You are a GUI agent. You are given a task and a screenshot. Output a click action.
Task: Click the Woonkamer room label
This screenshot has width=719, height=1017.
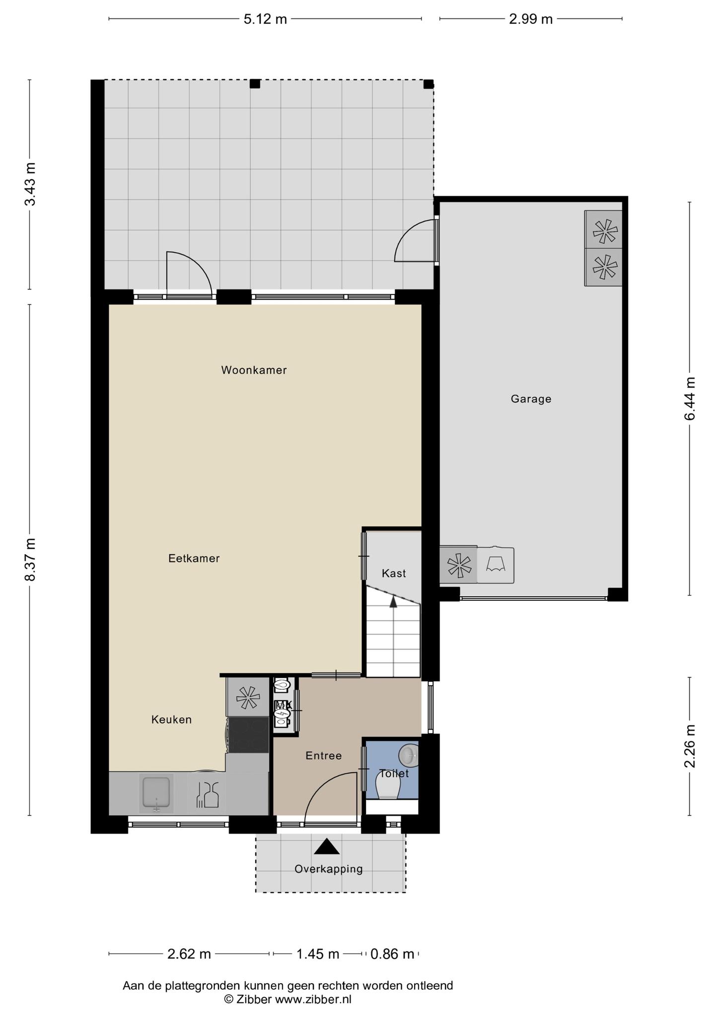point(254,370)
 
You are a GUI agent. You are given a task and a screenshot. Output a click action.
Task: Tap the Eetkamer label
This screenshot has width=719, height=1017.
point(194,558)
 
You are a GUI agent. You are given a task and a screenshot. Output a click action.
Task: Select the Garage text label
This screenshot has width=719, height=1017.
point(531,399)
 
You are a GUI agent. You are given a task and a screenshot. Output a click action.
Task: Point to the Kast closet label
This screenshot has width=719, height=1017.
point(394,573)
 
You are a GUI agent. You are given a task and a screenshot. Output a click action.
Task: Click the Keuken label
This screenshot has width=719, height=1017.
point(171,720)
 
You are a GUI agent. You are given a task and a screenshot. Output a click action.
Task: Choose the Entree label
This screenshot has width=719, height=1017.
point(323,755)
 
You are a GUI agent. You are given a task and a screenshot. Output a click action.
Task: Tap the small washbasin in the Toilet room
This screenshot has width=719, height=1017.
point(409,755)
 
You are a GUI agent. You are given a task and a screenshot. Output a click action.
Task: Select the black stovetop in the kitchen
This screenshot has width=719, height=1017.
point(248,734)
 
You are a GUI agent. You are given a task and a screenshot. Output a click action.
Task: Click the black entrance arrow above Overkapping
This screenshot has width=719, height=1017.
point(327,847)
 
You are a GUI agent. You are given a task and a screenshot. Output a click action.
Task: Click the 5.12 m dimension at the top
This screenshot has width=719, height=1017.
point(265,19)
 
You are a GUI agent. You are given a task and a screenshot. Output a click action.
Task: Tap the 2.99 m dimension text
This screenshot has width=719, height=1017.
point(531,19)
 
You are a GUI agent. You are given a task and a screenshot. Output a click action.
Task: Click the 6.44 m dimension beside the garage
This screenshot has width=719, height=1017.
point(690,399)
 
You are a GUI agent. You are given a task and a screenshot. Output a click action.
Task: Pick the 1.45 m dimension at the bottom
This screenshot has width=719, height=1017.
point(318,954)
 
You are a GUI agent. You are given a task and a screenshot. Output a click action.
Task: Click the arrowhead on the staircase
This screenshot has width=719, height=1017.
point(393,601)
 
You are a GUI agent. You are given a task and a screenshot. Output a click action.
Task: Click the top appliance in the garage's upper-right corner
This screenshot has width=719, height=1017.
point(603,230)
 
